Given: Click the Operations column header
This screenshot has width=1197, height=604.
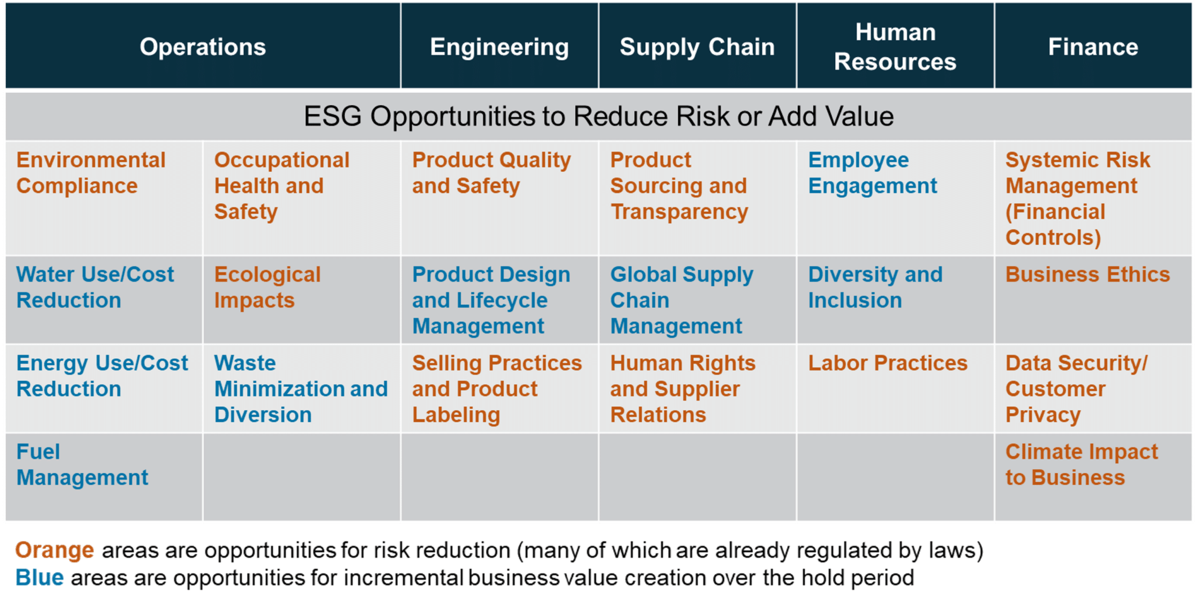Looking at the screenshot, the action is click(203, 47).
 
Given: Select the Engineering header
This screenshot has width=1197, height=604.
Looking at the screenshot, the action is click(500, 47).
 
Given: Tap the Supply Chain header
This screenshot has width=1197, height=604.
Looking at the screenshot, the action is click(697, 47).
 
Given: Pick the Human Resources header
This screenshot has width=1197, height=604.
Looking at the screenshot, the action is click(895, 47).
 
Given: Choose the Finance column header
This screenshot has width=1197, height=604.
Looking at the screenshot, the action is click(1093, 47).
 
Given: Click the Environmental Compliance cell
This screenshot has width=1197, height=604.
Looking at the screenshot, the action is click(104, 198).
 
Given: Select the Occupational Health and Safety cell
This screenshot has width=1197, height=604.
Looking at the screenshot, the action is click(302, 198).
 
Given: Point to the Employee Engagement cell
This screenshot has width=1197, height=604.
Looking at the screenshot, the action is click(895, 198).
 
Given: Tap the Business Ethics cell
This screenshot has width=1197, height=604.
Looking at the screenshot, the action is click(1093, 300).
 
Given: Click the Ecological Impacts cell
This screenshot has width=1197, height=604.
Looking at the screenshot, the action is click(302, 300).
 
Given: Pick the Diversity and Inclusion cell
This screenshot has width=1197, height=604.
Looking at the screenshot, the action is click(895, 300).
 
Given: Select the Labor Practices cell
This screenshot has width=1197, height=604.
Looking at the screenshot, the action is click(895, 388).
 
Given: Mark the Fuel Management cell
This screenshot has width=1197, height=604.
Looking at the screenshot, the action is click(104, 477).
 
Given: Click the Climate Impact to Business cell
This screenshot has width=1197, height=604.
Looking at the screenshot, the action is click(1093, 477).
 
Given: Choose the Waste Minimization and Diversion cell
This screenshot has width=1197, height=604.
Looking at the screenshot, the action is click(302, 388).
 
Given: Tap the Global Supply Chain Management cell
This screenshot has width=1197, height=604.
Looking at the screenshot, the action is click(697, 300).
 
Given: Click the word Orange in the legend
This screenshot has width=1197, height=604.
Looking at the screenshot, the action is click(54, 550).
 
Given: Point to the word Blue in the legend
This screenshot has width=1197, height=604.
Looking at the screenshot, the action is click(39, 578).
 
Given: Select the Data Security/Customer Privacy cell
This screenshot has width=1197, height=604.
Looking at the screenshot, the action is click(1093, 388).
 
